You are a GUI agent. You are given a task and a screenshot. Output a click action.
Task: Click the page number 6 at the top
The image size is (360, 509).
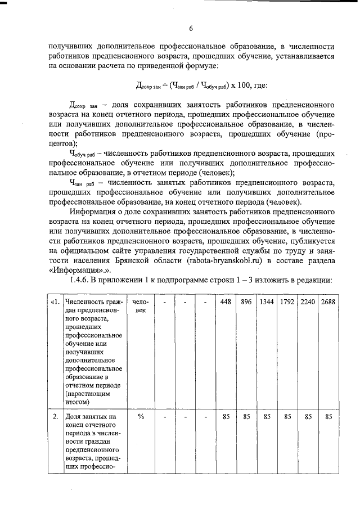coord(191,29)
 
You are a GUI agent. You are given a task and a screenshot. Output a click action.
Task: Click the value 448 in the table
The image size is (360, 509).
coord(226,301)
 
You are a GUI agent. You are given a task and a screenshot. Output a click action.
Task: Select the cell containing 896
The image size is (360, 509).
coord(246,301)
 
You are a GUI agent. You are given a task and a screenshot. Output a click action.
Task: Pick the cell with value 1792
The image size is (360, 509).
coord(287,301)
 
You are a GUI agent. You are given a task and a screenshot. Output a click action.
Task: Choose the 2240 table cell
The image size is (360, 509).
coord(307,301)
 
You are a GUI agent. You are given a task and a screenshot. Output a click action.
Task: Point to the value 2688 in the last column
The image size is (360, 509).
coord(328,301)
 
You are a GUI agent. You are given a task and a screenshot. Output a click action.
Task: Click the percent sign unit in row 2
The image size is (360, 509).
coord(141,417)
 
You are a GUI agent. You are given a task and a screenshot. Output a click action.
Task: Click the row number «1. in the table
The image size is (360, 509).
coord(55,301)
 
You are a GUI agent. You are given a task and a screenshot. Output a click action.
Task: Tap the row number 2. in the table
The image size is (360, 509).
coord(55,417)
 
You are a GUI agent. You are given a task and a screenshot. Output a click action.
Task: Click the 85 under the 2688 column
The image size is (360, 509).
coord(328,417)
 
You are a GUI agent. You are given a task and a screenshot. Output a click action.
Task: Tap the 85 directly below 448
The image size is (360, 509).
coord(226,417)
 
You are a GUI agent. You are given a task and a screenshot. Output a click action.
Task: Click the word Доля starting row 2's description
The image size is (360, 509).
coord(74,417)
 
